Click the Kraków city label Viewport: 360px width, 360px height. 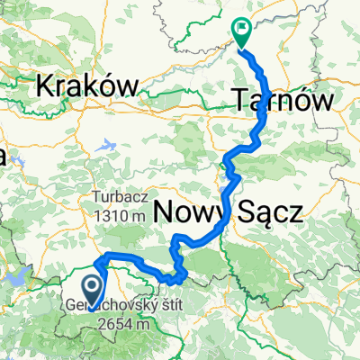pyautogui.click(x=86, y=86)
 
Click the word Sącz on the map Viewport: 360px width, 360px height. pyautogui.click(x=269, y=212)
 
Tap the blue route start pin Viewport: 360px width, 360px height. pyautogui.click(x=92, y=289)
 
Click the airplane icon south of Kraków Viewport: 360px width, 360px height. pyautogui.click(x=108, y=144)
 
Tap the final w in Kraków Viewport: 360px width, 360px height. pyautogui.click(x=128, y=86)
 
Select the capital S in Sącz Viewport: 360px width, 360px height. pyautogui.click(x=247, y=212)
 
